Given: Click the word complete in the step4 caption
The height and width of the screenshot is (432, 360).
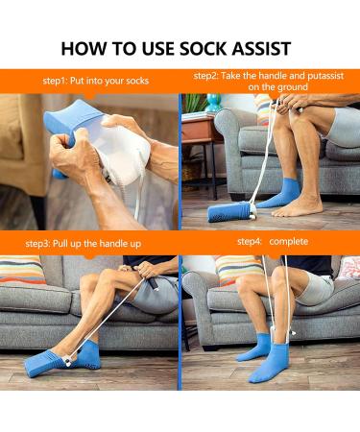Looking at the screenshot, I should pyautogui.click(x=288, y=242).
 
